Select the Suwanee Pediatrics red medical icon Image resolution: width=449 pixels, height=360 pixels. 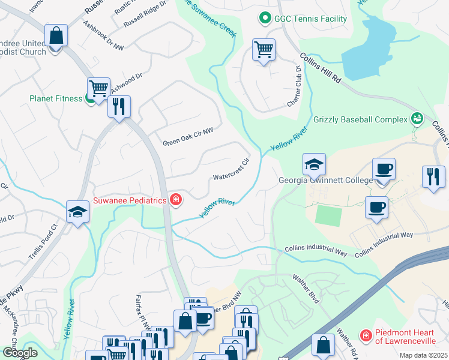click(x=175, y=200)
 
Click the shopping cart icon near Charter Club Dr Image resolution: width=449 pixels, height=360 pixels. click(x=264, y=50)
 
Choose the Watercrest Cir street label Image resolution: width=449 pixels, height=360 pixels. click(x=231, y=170)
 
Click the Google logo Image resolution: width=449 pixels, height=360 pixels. click(x=20, y=353)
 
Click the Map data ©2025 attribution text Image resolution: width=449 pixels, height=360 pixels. click(x=423, y=355)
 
